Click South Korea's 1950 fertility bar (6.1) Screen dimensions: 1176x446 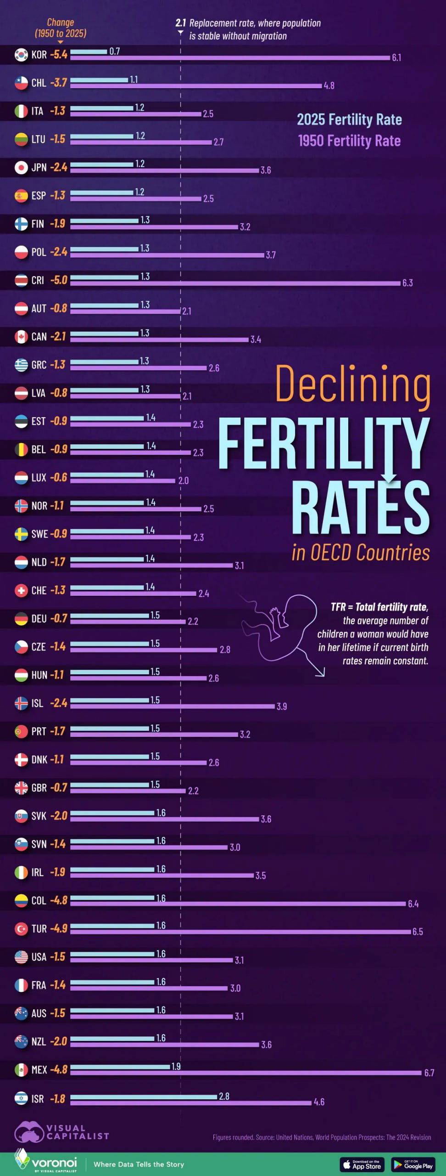click(229, 58)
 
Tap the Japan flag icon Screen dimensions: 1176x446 click(21, 168)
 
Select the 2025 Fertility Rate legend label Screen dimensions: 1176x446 click(349, 120)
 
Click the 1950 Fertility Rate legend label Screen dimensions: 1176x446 click(349, 141)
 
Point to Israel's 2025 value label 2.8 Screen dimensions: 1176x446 click(224, 1096)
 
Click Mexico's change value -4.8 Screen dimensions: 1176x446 click(59, 1069)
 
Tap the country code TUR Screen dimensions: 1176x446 click(39, 929)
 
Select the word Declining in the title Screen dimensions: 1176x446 click(352, 384)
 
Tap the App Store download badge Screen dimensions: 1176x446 click(362, 1164)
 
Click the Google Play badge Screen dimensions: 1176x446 click(413, 1164)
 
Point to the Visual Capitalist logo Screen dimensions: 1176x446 click(62, 1132)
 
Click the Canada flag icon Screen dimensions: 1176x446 click(21, 337)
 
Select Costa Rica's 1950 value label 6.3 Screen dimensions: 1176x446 click(407, 283)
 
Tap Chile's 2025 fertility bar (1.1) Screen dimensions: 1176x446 click(99, 80)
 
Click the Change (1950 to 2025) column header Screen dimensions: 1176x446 click(61, 28)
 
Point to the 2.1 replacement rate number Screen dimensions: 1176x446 click(180, 23)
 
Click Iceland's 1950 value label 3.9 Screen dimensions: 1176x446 click(281, 706)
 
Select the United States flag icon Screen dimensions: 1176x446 click(21, 957)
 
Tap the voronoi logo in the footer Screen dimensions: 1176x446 click(46, 1163)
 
